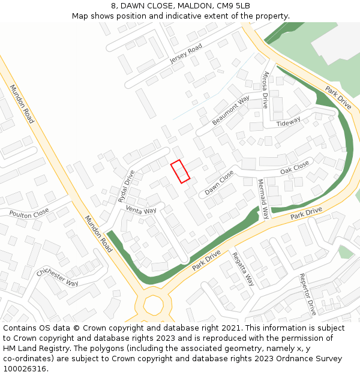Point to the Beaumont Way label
(x=231, y=110)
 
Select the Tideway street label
(x=288, y=122)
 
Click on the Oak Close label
(x=295, y=167)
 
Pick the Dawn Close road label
(x=219, y=182)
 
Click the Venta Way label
(x=141, y=210)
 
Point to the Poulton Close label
(x=29, y=213)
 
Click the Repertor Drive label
(x=307, y=295)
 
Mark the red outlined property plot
(x=180, y=171)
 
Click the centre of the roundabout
(x=153, y=305)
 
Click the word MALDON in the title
(x=193, y=6)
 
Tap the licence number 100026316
(x=25, y=369)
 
